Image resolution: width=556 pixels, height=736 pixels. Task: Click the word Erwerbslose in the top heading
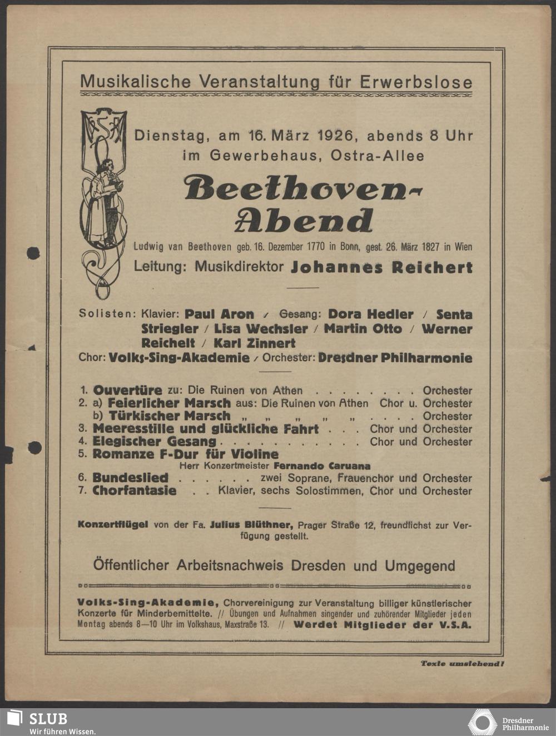(416, 82)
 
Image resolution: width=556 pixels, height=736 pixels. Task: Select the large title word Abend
(304, 221)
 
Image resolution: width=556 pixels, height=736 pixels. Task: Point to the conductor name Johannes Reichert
(381, 267)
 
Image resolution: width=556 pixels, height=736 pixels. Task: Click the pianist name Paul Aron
(219, 314)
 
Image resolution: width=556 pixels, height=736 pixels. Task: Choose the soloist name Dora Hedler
(370, 314)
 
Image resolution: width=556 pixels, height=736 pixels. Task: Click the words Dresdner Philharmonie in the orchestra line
(395, 358)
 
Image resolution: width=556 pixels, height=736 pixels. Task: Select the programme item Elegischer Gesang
(155, 442)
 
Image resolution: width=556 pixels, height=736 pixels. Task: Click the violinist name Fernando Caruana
(322, 465)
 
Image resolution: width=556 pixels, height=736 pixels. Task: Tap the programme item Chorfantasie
(135, 491)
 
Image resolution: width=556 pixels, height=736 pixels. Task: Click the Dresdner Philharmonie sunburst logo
(481, 722)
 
